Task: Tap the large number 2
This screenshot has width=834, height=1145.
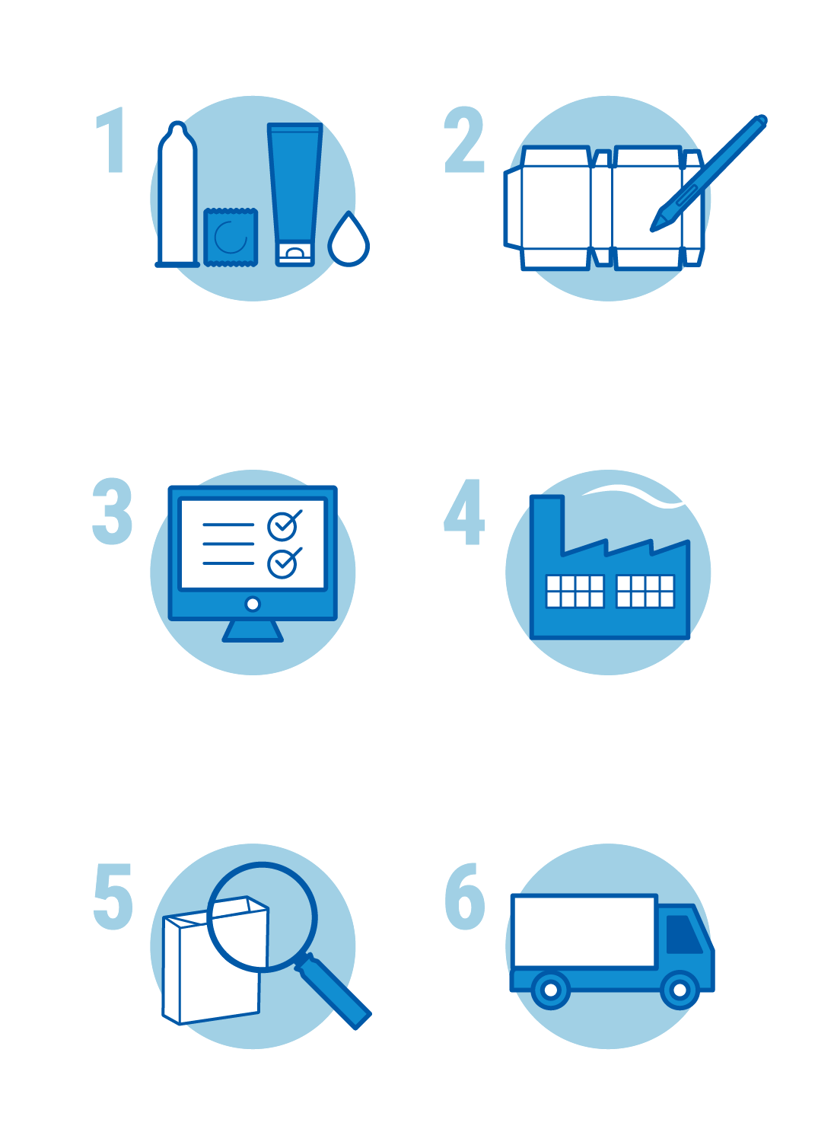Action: [464, 140]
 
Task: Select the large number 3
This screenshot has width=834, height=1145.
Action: [113, 512]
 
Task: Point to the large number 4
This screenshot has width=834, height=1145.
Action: [464, 512]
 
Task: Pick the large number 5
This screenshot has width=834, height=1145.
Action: [113, 897]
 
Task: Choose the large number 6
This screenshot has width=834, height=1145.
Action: [465, 897]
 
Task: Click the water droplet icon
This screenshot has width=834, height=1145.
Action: [349, 241]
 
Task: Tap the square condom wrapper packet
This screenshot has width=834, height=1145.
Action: [231, 238]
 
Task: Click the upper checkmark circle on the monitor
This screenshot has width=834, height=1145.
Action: [282, 525]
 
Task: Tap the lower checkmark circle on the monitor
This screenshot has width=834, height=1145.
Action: [282, 563]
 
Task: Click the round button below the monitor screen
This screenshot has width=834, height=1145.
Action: [253, 604]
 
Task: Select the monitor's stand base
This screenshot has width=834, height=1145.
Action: [253, 631]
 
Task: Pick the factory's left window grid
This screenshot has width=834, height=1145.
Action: [575, 591]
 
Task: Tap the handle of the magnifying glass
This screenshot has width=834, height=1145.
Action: [335, 992]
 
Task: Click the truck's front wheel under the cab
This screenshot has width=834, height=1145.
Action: [680, 990]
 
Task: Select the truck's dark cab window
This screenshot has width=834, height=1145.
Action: [683, 933]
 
